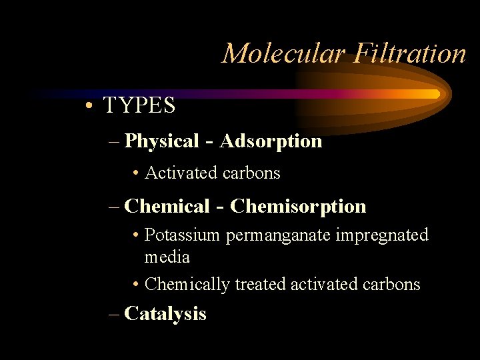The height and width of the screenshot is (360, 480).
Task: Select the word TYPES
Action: tap(139, 105)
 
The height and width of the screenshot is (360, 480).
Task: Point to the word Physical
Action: tap(162, 141)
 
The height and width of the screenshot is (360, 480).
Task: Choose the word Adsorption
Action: tap(271, 141)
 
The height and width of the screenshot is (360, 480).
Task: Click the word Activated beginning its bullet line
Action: tap(175, 173)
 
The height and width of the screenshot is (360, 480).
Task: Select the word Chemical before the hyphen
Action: tap(167, 207)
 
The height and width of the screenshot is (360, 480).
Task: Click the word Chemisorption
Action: tap(298, 207)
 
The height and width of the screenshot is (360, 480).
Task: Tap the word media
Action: tap(167, 257)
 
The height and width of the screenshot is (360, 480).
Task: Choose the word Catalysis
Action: tap(165, 313)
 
